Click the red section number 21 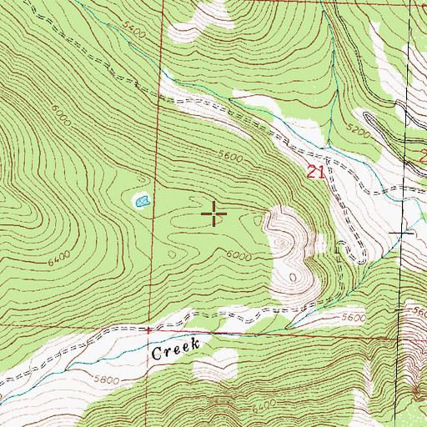coord(314,173)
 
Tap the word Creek coord(177,351)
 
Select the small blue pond coord(141,200)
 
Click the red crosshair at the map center coord(214,214)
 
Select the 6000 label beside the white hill coord(239,256)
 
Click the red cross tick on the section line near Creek coord(148,329)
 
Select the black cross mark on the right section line coord(405,230)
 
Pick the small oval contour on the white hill coord(294,275)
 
